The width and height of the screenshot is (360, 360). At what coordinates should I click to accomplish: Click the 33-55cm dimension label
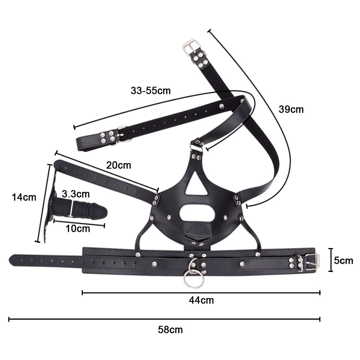tap(150, 91)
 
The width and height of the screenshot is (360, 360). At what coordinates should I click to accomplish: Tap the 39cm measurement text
tap(291, 109)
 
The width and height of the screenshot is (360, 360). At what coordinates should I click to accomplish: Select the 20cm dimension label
tap(118, 165)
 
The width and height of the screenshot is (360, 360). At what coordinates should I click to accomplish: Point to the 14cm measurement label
tap(24, 197)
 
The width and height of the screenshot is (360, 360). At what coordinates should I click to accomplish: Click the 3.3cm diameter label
tap(76, 194)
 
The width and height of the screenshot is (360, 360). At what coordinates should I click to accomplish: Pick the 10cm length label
tap(78, 229)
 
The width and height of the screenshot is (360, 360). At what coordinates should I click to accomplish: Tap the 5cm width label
tap(343, 261)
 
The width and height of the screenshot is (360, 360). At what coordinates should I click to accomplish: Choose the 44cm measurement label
tap(201, 300)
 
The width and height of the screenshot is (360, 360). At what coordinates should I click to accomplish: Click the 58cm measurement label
tap(170, 330)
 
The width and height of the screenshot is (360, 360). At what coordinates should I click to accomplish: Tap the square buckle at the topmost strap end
tap(190, 48)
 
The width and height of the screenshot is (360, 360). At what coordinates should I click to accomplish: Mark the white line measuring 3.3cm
tap(72, 208)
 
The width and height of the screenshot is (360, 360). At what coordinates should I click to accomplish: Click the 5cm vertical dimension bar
tap(330, 260)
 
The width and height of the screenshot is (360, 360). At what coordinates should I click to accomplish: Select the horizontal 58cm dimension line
tap(165, 319)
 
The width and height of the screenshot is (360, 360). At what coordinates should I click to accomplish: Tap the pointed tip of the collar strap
tap(9, 260)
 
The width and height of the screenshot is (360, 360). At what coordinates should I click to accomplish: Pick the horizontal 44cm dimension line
tap(201, 292)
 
